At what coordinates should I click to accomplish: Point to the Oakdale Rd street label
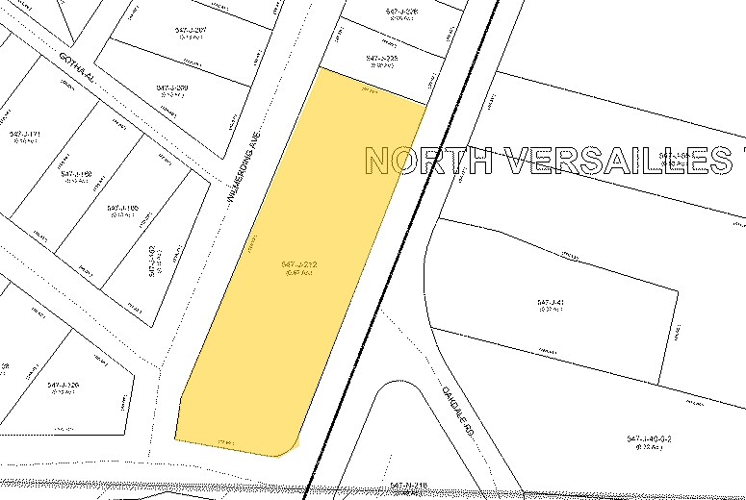click(453, 405)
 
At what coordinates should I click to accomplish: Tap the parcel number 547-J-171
click(24, 134)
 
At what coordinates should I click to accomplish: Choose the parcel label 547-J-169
click(76, 174)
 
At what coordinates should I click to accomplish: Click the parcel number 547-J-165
click(123, 208)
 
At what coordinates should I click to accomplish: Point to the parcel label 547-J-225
click(382, 59)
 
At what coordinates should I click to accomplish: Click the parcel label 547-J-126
click(63, 386)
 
